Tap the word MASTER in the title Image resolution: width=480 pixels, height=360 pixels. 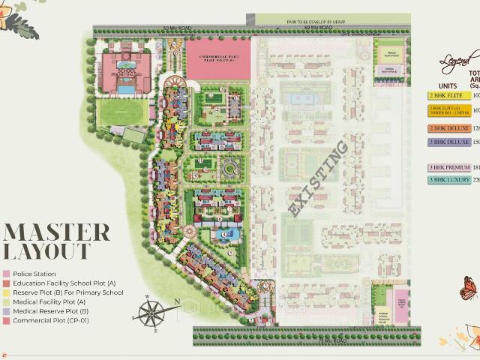coord(57,232)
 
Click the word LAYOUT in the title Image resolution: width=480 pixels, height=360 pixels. coord(46,252)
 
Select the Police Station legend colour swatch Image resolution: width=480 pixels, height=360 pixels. coord(7,274)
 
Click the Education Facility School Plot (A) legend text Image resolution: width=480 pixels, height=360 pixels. coord(64,283)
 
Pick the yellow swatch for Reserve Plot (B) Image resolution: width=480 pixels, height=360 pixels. coord(7,292)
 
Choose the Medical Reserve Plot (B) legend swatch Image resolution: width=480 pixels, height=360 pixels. coord(7,310)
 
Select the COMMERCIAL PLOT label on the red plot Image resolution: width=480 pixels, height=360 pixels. coord(215,59)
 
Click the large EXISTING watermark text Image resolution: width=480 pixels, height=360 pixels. coord(318,179)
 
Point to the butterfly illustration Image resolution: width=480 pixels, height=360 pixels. coord(469,287)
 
